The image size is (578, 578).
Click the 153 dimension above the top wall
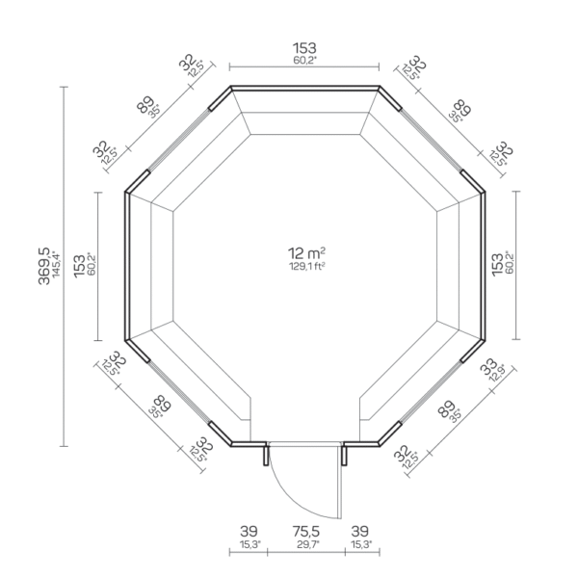[x=304, y=47]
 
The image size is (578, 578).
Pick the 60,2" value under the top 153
[x=304, y=60]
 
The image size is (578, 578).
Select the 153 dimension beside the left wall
[x=79, y=265]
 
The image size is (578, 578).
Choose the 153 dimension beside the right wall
[x=497, y=265]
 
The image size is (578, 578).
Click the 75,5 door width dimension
[x=304, y=531]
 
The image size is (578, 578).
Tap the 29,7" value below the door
[x=304, y=544]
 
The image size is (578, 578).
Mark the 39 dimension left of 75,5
[x=250, y=531]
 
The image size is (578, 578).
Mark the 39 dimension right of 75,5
[x=360, y=531]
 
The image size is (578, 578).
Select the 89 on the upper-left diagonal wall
[x=146, y=104]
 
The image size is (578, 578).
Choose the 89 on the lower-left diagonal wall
[x=161, y=407]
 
